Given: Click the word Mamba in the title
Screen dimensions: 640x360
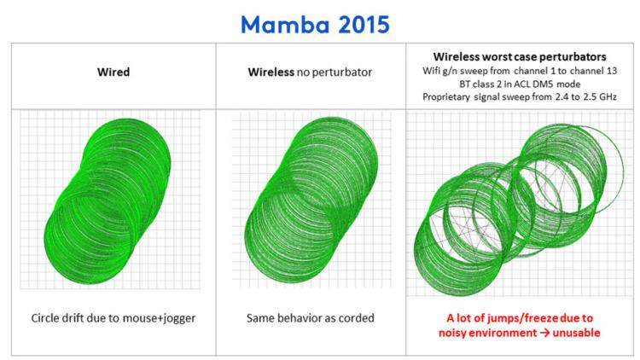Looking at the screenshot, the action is [x=284, y=25].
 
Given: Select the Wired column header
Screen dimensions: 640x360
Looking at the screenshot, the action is [x=113, y=73].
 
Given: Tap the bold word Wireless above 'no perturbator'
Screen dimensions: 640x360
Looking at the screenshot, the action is [x=271, y=73].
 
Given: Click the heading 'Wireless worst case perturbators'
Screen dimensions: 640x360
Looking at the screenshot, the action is [x=520, y=57].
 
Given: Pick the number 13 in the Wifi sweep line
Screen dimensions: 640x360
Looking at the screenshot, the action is [x=612, y=71].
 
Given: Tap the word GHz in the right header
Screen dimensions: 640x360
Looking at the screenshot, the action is [x=608, y=97].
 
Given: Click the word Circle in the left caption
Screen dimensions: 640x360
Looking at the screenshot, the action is [x=44, y=318].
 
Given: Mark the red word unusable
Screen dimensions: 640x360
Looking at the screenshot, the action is [x=576, y=333].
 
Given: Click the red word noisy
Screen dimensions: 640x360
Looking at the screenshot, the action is [x=452, y=333].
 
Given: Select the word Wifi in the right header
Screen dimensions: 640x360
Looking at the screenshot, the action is [x=432, y=71].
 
